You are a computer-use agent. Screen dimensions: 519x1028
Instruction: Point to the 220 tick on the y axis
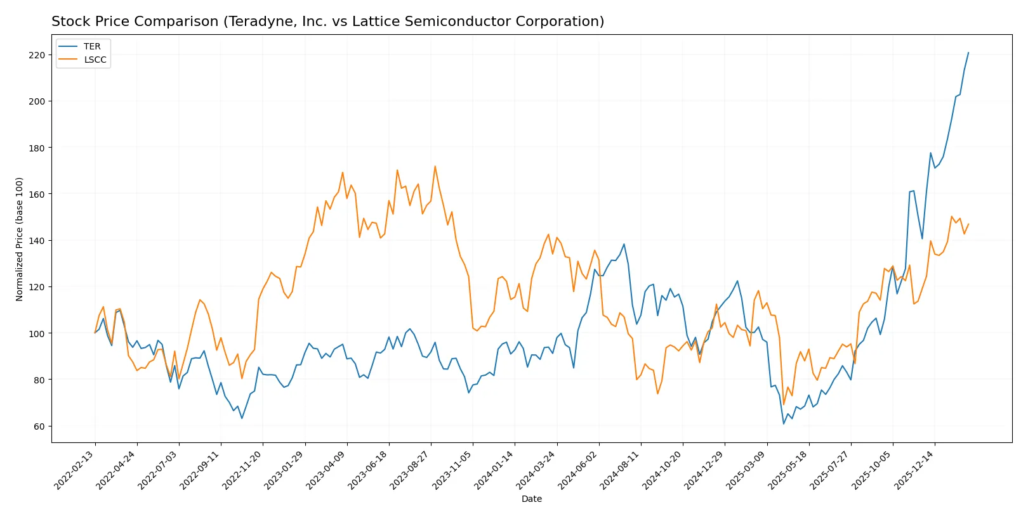[37, 55]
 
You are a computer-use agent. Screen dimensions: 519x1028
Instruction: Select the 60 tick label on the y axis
[39, 426]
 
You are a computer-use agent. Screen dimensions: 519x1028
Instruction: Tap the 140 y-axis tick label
[37, 241]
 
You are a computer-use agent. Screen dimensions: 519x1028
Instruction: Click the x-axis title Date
[531, 499]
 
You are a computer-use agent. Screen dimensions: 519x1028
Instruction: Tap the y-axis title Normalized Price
[19, 239]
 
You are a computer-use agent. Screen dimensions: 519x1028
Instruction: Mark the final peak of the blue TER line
[968, 53]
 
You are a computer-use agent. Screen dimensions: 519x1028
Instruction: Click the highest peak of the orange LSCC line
[435, 166]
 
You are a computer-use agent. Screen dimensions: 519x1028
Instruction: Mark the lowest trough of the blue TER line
[784, 424]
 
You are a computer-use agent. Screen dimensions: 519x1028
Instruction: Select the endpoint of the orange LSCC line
[968, 224]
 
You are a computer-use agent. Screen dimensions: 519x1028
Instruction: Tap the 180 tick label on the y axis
[37, 148]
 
